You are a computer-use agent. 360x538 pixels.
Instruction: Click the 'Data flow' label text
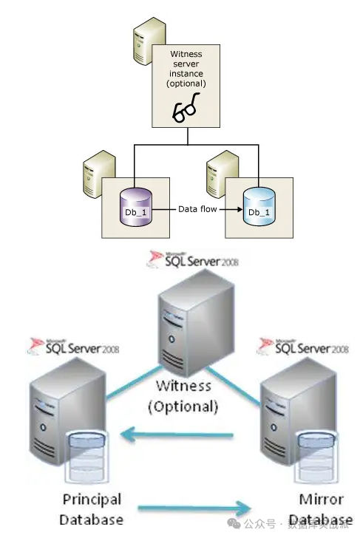tap(196, 209)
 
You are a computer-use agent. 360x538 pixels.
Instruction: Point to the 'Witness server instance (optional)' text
tap(186, 69)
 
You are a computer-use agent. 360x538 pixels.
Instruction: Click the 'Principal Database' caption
tap(91, 509)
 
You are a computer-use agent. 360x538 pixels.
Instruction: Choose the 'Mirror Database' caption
tap(322, 509)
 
